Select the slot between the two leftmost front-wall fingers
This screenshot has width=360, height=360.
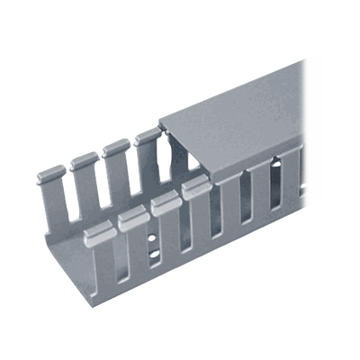click(116, 261)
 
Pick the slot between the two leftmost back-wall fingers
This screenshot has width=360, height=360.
click(71, 193)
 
